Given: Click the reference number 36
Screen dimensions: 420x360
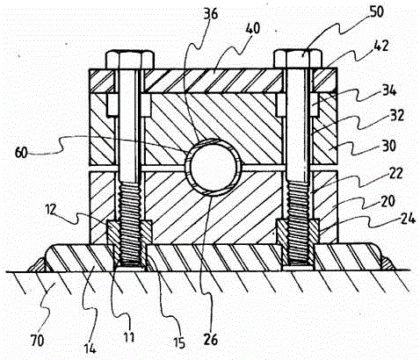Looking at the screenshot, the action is point(211,14).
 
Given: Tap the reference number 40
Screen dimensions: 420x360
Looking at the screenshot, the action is point(252,29).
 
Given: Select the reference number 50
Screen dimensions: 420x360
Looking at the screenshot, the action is point(376,12).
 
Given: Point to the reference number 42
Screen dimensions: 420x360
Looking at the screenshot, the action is point(381,46).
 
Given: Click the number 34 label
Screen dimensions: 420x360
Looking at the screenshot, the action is point(389,91).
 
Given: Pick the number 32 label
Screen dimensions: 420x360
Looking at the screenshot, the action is point(397,115).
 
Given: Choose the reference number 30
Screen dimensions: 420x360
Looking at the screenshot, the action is point(388,146).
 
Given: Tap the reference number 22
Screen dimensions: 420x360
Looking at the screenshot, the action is point(395,173).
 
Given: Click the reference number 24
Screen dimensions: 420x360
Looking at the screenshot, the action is point(408,219).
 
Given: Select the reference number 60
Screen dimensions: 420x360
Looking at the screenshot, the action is point(21,153).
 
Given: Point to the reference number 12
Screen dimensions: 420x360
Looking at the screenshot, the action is point(51,210).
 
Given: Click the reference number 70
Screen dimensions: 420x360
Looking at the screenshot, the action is point(37,341).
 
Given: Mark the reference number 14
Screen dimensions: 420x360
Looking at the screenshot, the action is point(90,348).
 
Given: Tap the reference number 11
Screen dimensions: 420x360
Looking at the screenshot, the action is point(129,337).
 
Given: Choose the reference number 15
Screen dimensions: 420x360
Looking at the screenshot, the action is point(179,342).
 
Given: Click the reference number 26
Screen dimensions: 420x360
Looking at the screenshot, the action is point(211,339).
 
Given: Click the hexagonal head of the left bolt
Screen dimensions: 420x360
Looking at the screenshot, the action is point(130,60).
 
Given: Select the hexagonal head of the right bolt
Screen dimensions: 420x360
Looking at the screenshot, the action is point(298,59).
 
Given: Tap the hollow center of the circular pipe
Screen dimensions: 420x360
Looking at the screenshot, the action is point(213,168).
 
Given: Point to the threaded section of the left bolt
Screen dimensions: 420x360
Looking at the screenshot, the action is point(130,223).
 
